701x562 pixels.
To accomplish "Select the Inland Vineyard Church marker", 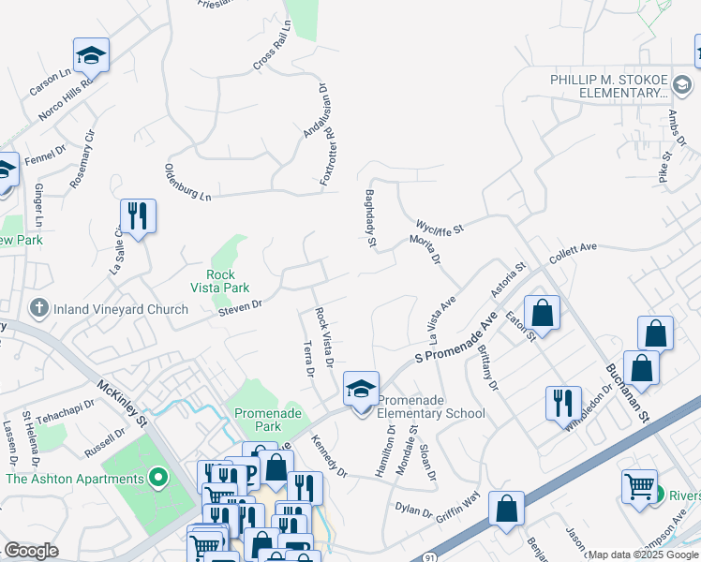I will coord(38,307).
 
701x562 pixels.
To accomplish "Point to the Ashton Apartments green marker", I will coord(158,479).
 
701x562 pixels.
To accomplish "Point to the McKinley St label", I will coord(123,402).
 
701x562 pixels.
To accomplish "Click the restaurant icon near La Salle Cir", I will coord(138,216).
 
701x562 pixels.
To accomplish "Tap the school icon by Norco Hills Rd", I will coord(91,55).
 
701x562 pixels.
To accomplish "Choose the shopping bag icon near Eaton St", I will coord(542,312).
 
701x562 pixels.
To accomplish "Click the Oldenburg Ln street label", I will coord(188,182).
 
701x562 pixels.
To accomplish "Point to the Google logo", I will coord(31,551).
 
